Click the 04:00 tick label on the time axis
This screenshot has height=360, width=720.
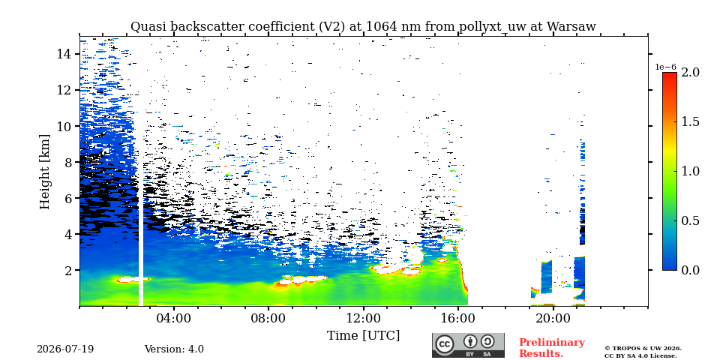(x=174, y=318)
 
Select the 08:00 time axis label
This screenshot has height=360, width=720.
(x=268, y=318)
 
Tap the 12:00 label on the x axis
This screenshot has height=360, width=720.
(x=363, y=318)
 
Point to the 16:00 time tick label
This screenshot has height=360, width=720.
(x=458, y=318)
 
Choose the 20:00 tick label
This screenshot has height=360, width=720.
(x=553, y=318)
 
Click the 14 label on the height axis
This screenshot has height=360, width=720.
(x=64, y=54)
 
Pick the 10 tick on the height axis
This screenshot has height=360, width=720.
(x=64, y=126)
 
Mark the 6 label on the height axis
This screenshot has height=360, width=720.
(x=69, y=198)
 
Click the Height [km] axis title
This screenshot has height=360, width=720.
(x=44, y=172)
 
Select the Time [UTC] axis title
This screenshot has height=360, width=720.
(x=363, y=336)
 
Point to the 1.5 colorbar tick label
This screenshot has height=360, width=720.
(x=691, y=121)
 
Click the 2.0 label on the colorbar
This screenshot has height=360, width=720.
(x=691, y=72)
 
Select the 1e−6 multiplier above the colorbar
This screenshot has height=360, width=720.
(x=665, y=67)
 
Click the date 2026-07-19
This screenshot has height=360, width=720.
(x=65, y=349)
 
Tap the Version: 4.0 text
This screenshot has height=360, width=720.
(x=174, y=349)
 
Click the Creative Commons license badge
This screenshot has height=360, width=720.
(x=468, y=345)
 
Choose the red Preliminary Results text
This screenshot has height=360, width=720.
(x=552, y=348)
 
